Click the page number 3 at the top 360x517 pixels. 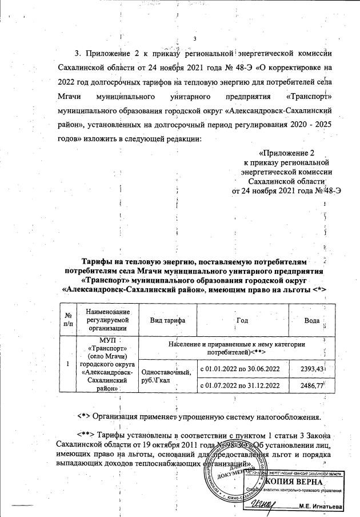pos(195,39)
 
